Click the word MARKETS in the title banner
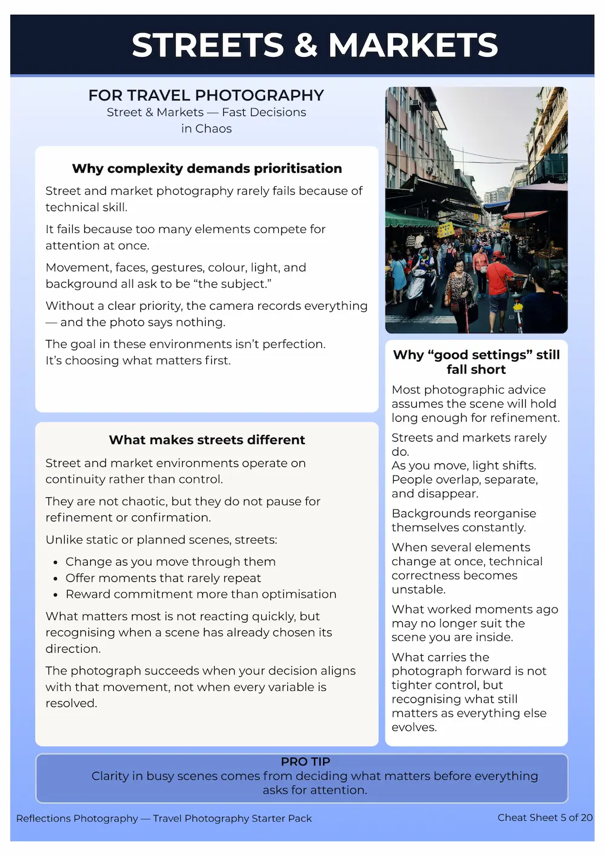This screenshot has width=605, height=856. [x=413, y=45]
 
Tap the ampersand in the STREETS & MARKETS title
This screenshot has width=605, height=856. [x=306, y=45]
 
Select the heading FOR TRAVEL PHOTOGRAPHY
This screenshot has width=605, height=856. [x=206, y=96]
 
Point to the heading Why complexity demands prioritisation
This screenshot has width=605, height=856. [x=207, y=168]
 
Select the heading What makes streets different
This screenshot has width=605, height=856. [x=207, y=440]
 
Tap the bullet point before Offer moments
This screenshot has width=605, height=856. [x=55, y=579]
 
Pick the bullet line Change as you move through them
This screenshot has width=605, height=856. [x=170, y=561]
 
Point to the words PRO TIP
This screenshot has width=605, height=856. [x=306, y=762]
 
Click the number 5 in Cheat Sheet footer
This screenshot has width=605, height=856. [x=563, y=817]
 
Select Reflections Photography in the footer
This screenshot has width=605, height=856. [x=77, y=818]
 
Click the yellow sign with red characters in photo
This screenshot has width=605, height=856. [x=445, y=230]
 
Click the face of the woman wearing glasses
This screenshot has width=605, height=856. [x=459, y=266]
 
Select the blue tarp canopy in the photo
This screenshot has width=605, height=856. [x=496, y=204]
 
